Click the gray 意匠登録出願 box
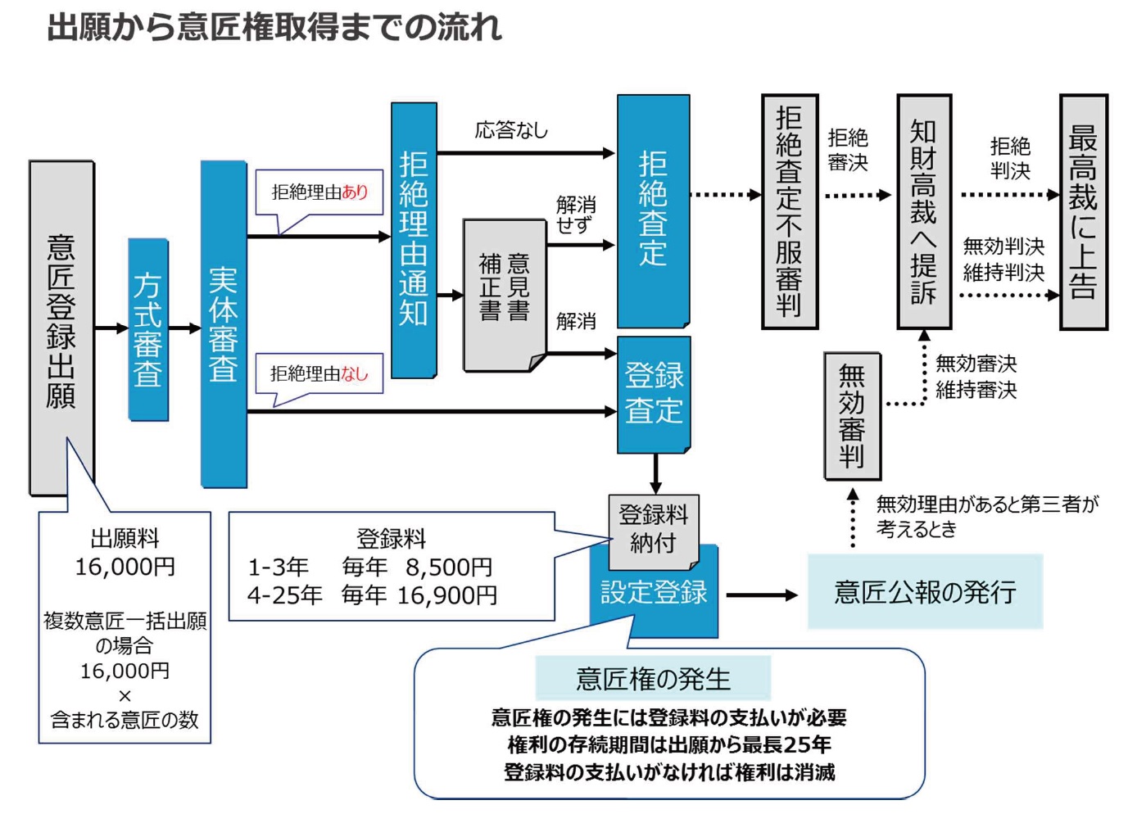pyautogui.click(x=61, y=328)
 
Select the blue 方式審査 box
pyautogui.click(x=148, y=329)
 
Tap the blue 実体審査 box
pyautogui.click(x=224, y=324)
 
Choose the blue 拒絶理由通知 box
pyautogui.click(x=414, y=240)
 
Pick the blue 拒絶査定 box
pyautogui.click(x=653, y=210)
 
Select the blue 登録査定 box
pyautogui.click(x=654, y=394)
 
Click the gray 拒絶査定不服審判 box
pyautogui.click(x=790, y=211)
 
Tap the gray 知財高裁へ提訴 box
pyautogui.click(x=924, y=211)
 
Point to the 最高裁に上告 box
pyautogui.click(x=1083, y=211)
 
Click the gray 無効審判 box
pyautogui.click(x=852, y=416)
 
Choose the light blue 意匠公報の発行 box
pyautogui.click(x=925, y=591)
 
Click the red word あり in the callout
pyautogui.click(x=356, y=192)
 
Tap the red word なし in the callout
pyautogui.click(x=355, y=374)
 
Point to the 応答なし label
pyautogui.click(x=511, y=130)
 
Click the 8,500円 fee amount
pyautogui.click(x=449, y=567)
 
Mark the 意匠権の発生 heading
pyautogui.click(x=653, y=678)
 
